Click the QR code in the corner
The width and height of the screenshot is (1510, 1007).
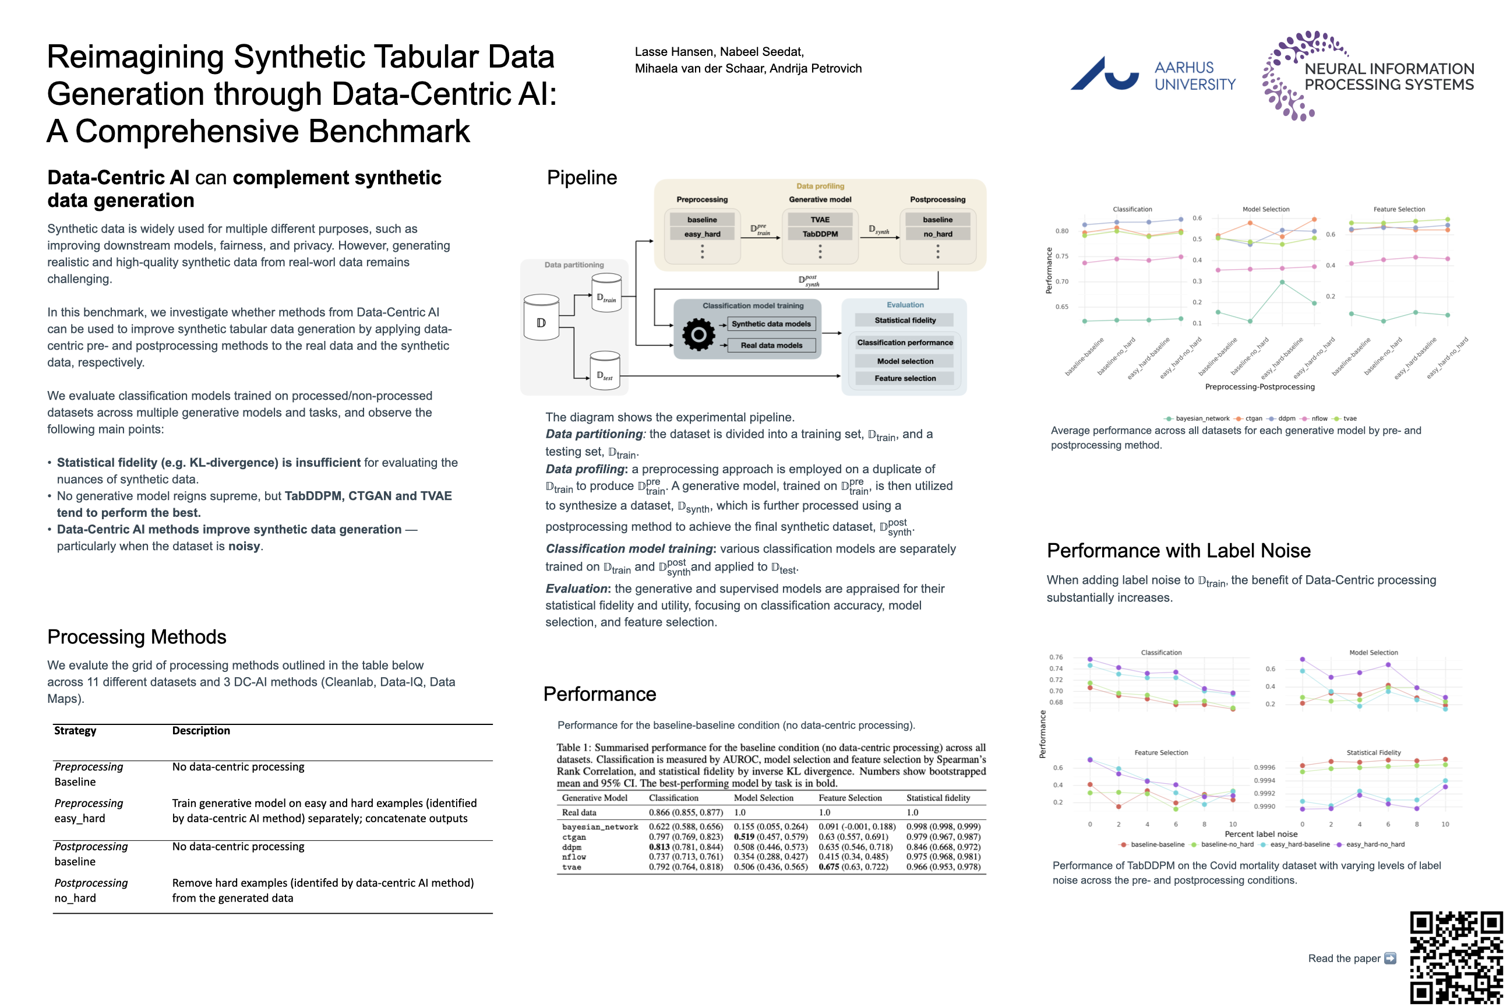1455,957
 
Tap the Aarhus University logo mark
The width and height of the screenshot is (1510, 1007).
1105,73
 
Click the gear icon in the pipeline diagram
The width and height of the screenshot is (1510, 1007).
698,335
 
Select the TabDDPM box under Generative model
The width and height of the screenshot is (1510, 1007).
820,234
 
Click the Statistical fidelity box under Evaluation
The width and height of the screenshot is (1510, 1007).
905,320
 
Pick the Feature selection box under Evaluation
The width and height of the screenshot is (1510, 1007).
905,378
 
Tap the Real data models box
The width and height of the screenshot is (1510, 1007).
771,345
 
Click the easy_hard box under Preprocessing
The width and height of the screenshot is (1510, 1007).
702,234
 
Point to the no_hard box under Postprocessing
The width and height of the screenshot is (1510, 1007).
937,234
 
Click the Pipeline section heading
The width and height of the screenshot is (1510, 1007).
581,177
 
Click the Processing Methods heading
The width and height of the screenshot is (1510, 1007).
137,636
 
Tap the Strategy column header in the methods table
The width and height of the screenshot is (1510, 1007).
75,730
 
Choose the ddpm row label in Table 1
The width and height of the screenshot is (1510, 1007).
571,847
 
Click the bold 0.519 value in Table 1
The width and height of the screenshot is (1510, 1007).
744,837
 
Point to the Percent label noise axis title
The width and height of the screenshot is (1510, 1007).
1261,833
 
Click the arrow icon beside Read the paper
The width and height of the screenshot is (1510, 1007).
1390,958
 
